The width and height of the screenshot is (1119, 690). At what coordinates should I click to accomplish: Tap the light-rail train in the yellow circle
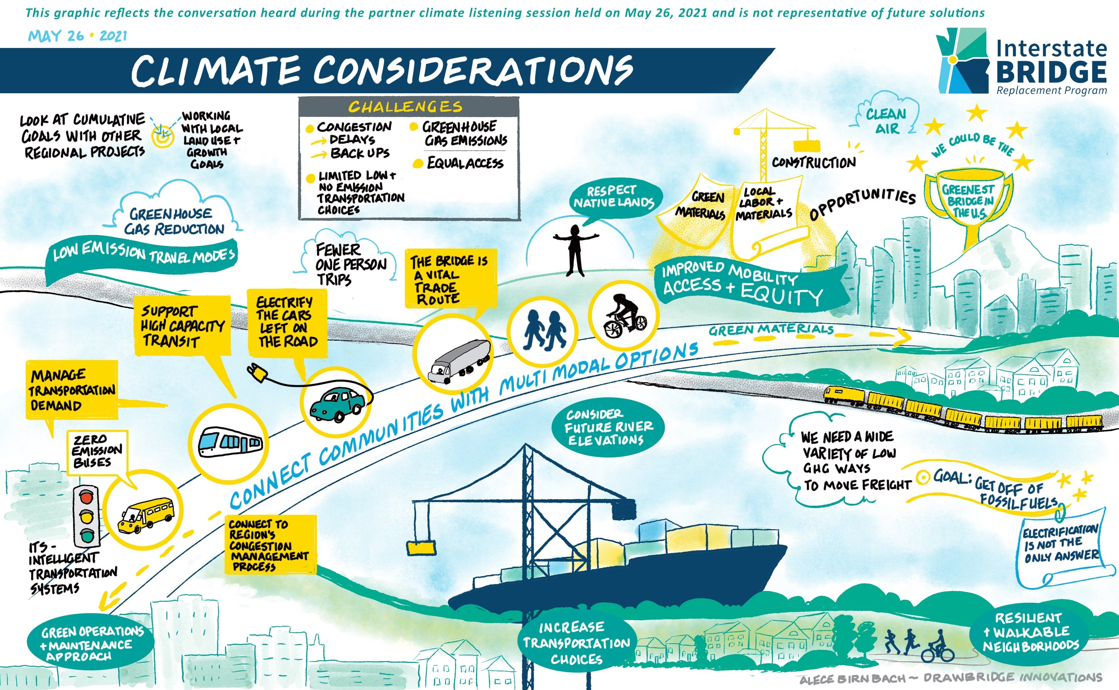click(x=230, y=442)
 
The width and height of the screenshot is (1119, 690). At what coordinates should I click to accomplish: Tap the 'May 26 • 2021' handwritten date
click(x=77, y=36)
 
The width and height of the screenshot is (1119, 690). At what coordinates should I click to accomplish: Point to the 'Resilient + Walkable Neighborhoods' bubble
click(x=1031, y=632)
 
